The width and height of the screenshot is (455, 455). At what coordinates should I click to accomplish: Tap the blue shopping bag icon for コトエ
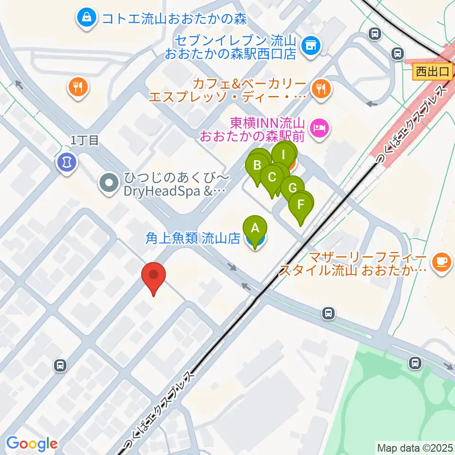pyautogui.click(x=87, y=18)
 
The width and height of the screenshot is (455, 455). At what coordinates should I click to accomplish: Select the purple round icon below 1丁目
pyautogui.click(x=66, y=163)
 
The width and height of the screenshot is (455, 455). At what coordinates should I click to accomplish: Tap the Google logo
pyautogui.click(x=32, y=444)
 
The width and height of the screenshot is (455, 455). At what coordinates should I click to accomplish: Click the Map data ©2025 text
pyautogui.click(x=414, y=447)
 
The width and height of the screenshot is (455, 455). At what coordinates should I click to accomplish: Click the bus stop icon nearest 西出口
pyautogui.click(x=397, y=54)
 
